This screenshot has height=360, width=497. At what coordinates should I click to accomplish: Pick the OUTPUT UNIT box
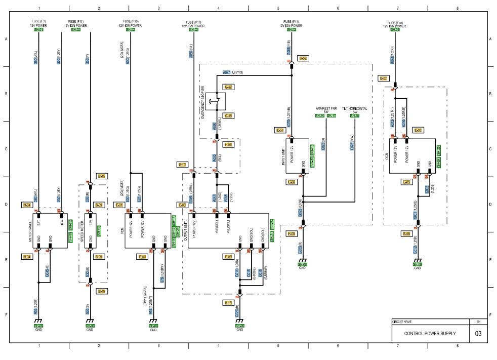pyautogui.click(x=228, y=230)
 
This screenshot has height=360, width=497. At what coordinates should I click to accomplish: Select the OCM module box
pyautogui.click(x=411, y=155)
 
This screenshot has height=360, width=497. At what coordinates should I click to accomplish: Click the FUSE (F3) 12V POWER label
pyautogui.click(x=38, y=24)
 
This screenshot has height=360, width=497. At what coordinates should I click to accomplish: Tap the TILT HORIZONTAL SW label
pyautogui.click(x=355, y=110)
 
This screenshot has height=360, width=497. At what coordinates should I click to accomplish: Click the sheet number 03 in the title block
pyautogui.click(x=478, y=333)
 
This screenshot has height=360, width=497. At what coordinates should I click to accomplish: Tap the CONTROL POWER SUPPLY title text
pyautogui.click(x=430, y=333)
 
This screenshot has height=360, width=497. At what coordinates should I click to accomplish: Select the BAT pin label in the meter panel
pyautogui.click(x=38, y=221)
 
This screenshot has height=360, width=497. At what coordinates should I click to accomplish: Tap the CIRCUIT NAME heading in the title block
pyautogui.click(x=403, y=322)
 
